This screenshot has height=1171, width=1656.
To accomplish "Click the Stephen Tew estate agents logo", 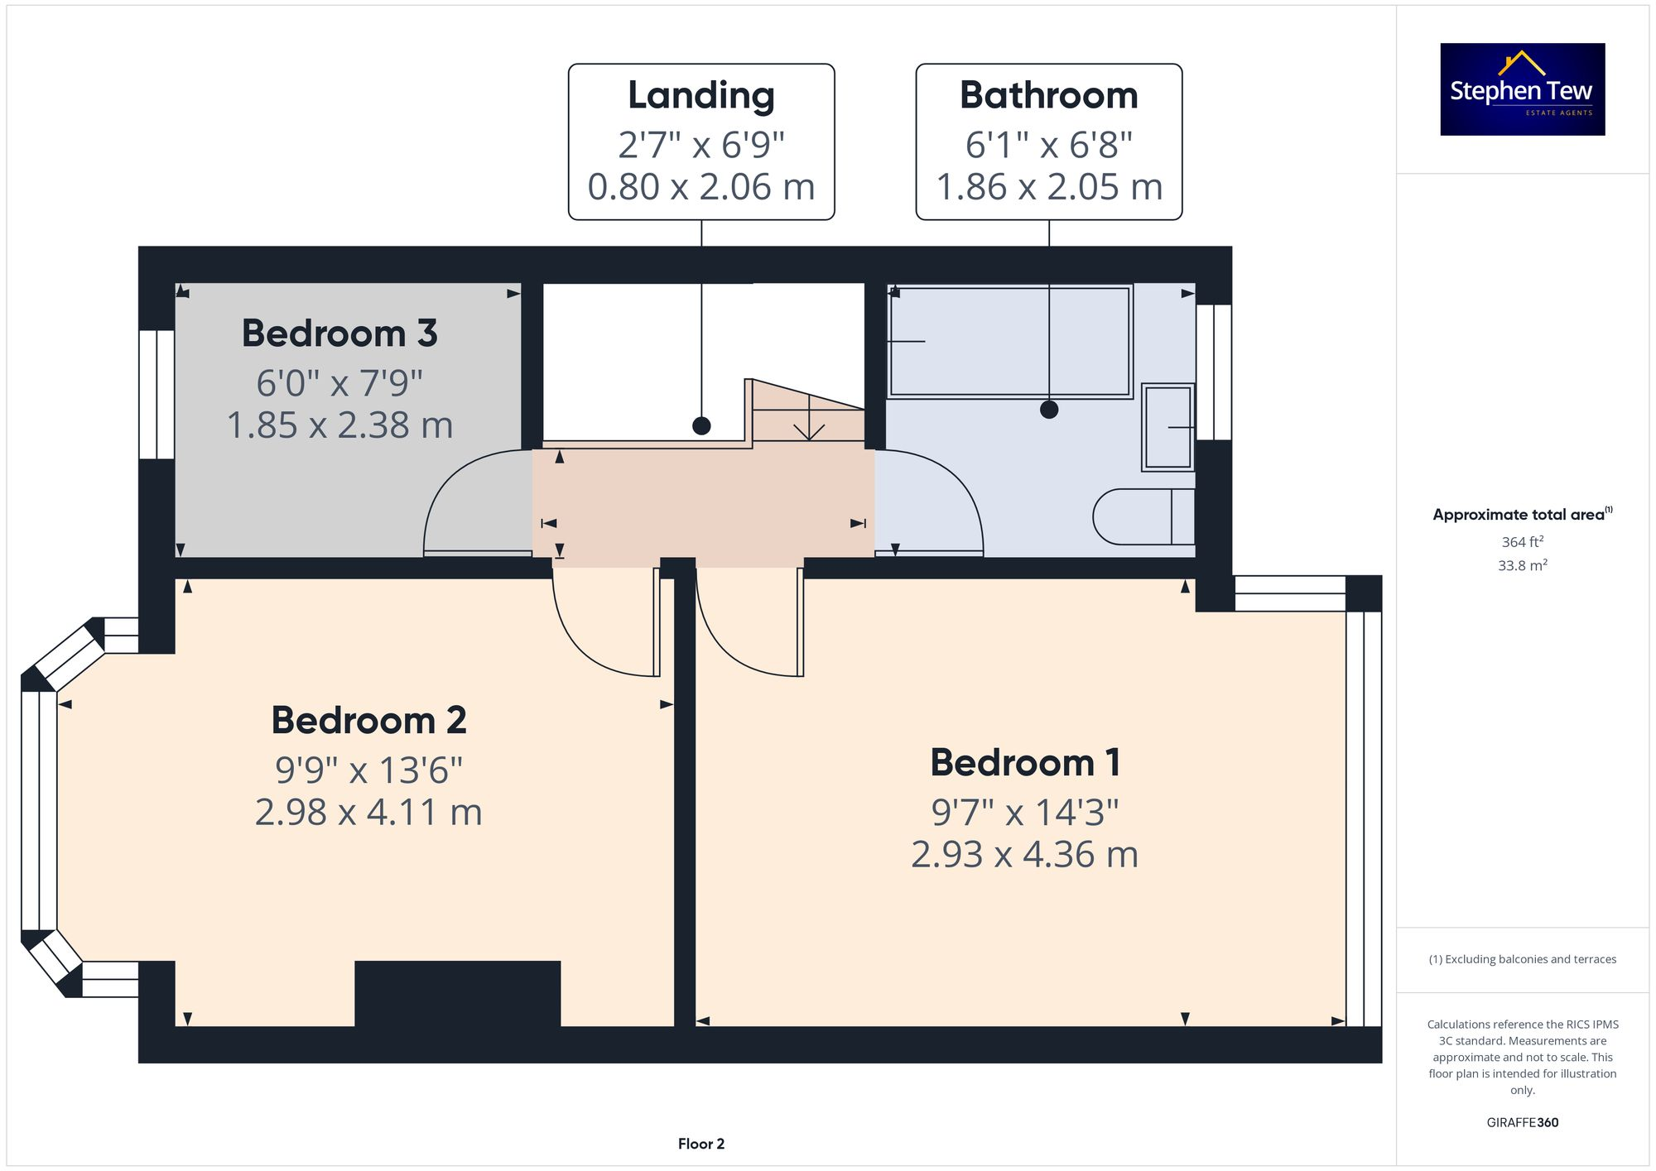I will (1522, 89).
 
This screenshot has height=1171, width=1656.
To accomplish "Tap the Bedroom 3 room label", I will (339, 334).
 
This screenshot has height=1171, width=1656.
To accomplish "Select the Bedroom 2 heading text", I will (368, 720).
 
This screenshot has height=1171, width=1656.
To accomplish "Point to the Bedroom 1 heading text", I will (1025, 762).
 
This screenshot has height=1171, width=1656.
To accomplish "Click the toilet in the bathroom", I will (1143, 516).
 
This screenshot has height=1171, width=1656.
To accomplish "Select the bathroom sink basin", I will (1167, 427).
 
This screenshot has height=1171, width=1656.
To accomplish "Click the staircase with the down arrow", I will (808, 414).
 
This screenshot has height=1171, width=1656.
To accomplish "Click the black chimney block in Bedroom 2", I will (457, 993).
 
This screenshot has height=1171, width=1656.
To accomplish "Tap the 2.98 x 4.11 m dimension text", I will (368, 812).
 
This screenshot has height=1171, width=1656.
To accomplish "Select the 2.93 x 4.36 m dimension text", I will (1025, 854).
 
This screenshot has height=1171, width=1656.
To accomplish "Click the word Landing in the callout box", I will (700, 95).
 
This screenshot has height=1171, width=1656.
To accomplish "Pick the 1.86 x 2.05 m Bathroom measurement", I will (1048, 187).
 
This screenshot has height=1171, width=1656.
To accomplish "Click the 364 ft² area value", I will (1522, 542).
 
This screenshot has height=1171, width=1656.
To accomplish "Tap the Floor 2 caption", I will (700, 1144).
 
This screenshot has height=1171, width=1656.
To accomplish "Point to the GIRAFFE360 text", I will (1522, 1122).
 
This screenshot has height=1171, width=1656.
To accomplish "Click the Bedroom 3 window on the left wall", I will (156, 395).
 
